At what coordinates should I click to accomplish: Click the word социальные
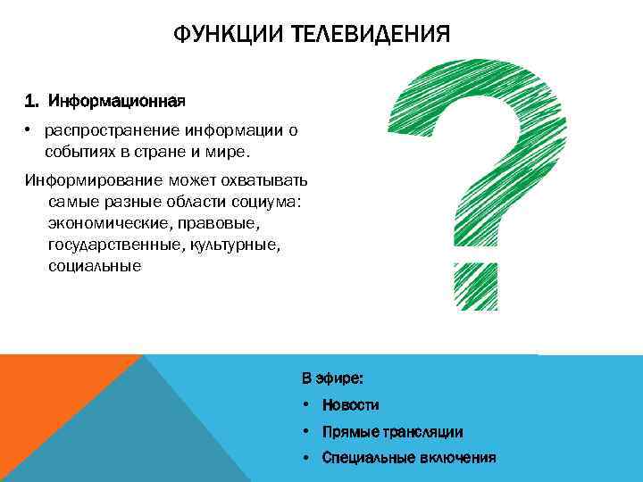(x=95, y=266)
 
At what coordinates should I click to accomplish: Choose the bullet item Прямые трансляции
(x=392, y=432)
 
